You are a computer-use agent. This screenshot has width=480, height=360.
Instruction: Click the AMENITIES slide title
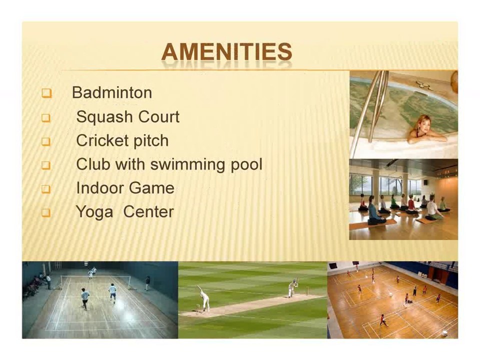pos(226,52)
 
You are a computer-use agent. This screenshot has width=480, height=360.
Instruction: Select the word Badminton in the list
pos(112,92)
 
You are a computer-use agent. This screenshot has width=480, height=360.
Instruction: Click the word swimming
pos(188,164)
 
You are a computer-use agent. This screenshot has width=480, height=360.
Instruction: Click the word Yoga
pos(94,212)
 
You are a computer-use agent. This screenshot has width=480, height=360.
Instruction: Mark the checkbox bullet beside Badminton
pos(46,93)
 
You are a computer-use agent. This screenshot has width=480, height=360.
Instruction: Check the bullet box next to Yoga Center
pos(46,212)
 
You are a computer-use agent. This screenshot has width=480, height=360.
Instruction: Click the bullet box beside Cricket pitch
pos(46,141)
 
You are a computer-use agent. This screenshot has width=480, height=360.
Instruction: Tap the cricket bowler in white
pos(204,298)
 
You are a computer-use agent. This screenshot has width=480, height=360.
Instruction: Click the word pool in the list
pos(246,164)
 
